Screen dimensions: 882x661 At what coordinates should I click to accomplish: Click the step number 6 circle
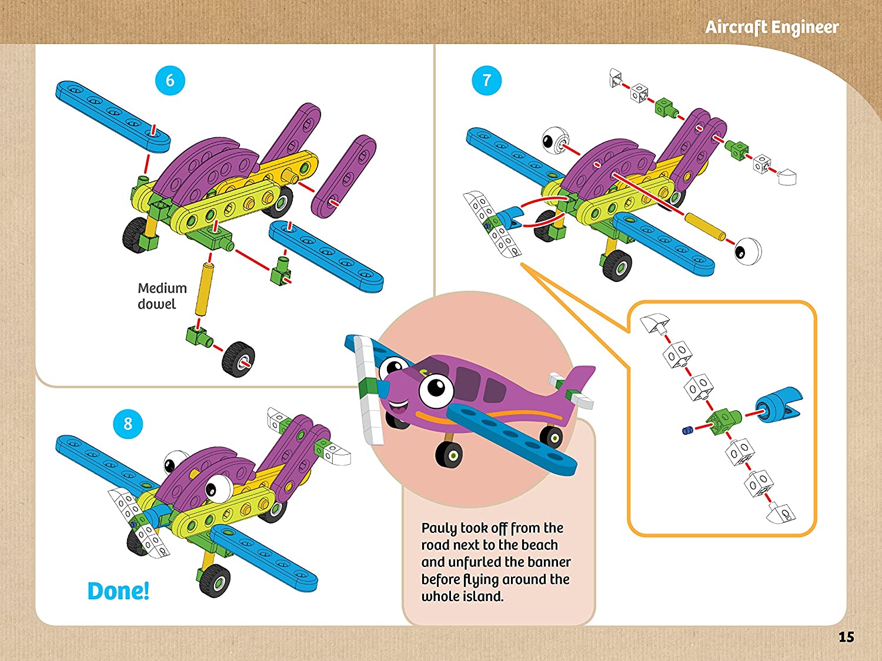[x=170, y=80]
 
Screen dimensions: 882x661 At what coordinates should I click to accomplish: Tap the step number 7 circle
[x=487, y=80]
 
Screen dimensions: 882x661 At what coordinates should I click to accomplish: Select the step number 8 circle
[x=128, y=424]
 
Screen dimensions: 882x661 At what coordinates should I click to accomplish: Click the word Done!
[x=118, y=591]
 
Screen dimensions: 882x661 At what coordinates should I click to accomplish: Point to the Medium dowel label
[x=162, y=296]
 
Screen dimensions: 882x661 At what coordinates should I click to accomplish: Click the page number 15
[x=846, y=637]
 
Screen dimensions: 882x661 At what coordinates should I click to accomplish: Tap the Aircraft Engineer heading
[x=772, y=27]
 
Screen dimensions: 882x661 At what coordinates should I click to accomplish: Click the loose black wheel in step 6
[x=238, y=359]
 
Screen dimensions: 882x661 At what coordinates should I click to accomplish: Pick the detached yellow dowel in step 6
[x=204, y=289]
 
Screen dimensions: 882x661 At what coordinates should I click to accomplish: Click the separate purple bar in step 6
[x=343, y=177]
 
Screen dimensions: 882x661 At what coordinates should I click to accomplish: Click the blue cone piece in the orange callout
[x=779, y=404]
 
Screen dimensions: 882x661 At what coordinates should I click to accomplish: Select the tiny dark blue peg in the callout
[x=688, y=431]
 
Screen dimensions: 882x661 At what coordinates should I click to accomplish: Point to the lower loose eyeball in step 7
[x=748, y=251]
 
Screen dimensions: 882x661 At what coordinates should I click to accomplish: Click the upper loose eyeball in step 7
[x=555, y=140]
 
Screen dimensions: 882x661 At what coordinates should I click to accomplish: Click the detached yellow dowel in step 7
[x=705, y=227]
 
